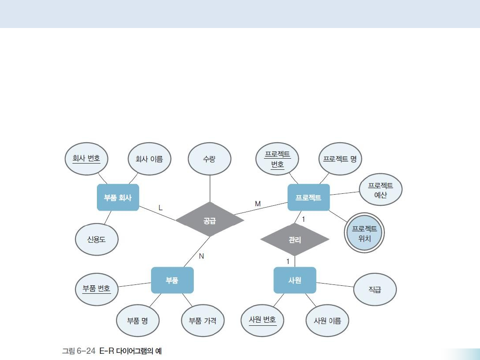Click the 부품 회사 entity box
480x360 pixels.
click(118, 197)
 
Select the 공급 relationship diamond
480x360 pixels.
click(210, 220)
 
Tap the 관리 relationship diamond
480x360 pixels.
click(295, 240)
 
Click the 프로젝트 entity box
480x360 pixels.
click(308, 197)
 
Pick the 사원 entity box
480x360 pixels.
click(295, 280)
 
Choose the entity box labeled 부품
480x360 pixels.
click(172, 280)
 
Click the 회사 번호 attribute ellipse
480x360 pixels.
click(86, 158)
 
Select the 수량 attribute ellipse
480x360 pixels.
click(209, 159)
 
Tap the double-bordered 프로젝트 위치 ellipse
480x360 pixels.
click(364, 233)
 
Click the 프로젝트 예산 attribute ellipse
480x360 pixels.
click(380, 190)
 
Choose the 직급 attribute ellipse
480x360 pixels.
click(375, 289)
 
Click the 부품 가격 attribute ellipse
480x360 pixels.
click(203, 320)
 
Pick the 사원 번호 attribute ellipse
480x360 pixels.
click(263, 320)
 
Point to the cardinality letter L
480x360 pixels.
click(160, 208)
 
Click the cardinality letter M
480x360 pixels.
click(258, 203)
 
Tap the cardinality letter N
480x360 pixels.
click(201, 256)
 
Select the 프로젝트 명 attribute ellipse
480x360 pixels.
click(340, 159)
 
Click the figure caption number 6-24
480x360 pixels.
click(85, 351)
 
